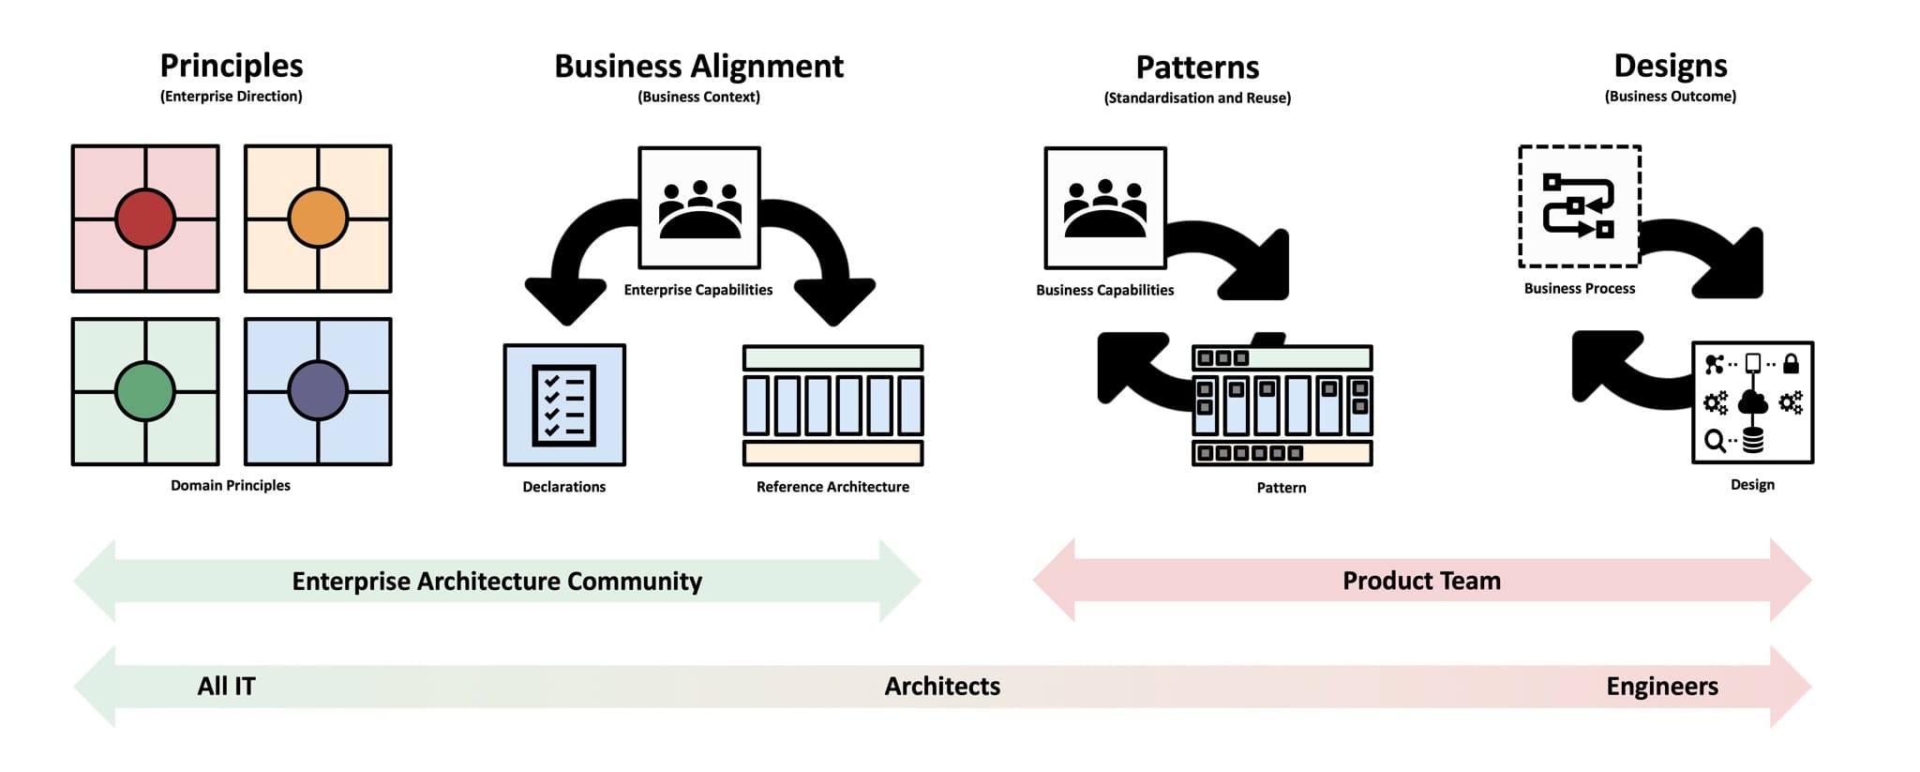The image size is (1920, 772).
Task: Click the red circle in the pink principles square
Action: [x=145, y=219]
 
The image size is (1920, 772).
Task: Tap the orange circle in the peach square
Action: [x=318, y=219]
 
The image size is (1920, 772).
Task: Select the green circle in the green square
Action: [x=145, y=391]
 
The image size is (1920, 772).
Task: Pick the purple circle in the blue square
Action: [x=318, y=391]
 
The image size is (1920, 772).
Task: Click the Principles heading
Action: [x=232, y=66]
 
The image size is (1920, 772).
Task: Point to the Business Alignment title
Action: [x=698, y=67]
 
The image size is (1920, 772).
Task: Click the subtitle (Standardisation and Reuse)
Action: [x=1197, y=98]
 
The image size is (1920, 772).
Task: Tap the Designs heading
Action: [x=1670, y=66]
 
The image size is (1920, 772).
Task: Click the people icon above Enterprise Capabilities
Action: [x=699, y=207]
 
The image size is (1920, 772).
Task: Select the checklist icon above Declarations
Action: [x=564, y=404]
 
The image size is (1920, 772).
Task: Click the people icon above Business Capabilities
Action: [x=1105, y=207]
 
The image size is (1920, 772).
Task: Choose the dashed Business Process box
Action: [x=1580, y=206]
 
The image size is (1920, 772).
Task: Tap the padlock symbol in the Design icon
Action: [x=1791, y=363]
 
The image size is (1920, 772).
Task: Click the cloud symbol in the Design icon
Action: [x=1752, y=403]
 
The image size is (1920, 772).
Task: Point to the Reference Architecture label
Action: [x=832, y=487]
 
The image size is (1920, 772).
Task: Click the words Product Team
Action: [x=1421, y=581]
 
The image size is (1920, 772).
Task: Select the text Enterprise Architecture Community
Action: [x=497, y=582]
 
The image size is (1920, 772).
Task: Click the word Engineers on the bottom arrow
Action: [x=1662, y=687]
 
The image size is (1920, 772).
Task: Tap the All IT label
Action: [x=226, y=687]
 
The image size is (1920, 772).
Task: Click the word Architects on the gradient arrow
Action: [x=942, y=687]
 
